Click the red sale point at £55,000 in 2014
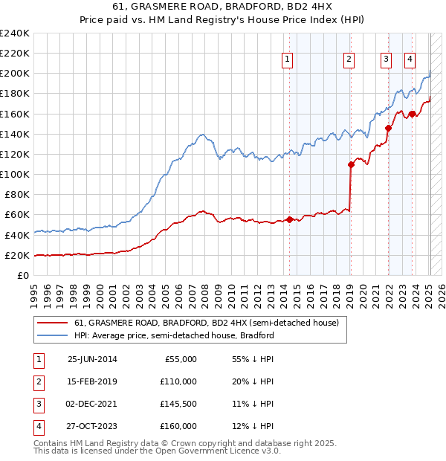click(289, 219)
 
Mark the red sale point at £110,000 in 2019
click(351, 164)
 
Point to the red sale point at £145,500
click(388, 128)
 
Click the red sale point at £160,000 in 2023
click(412, 114)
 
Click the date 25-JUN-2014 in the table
click(92, 359)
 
